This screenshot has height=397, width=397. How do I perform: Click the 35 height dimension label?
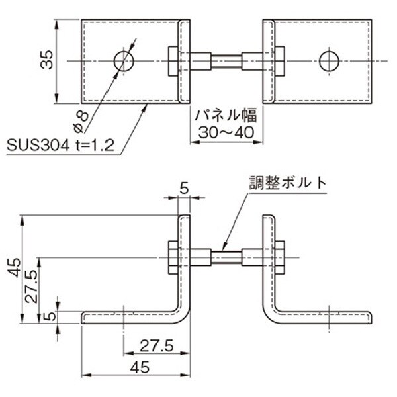(46, 61)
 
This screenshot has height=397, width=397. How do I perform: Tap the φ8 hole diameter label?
(80, 118)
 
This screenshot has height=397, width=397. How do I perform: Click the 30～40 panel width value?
(225, 133)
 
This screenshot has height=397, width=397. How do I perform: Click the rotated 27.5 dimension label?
(30, 286)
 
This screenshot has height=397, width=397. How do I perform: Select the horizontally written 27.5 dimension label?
(155, 345)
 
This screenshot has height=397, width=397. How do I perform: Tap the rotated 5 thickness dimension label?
(47, 316)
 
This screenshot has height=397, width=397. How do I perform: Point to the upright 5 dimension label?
(184, 189)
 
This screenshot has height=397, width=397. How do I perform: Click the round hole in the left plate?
(124, 61)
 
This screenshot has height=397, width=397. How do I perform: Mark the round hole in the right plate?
(329, 61)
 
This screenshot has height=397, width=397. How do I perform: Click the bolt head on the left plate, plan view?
(173, 61)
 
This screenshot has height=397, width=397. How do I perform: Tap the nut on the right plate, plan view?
(280, 61)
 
